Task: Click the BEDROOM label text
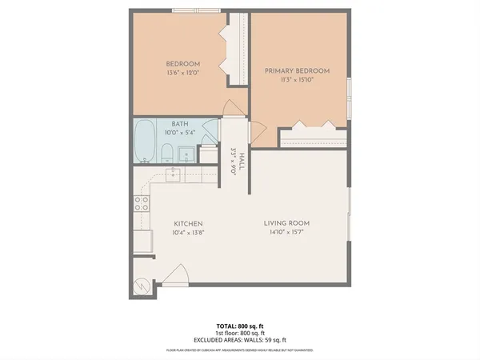coord(182,64)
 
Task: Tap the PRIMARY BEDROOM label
coord(297,71)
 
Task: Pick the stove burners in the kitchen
coord(142,203)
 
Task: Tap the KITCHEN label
coord(188,223)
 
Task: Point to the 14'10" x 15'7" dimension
coord(286,232)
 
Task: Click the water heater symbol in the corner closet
coord(142,286)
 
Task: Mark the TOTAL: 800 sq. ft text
coord(240,325)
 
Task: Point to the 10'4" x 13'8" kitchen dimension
coord(188,232)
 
